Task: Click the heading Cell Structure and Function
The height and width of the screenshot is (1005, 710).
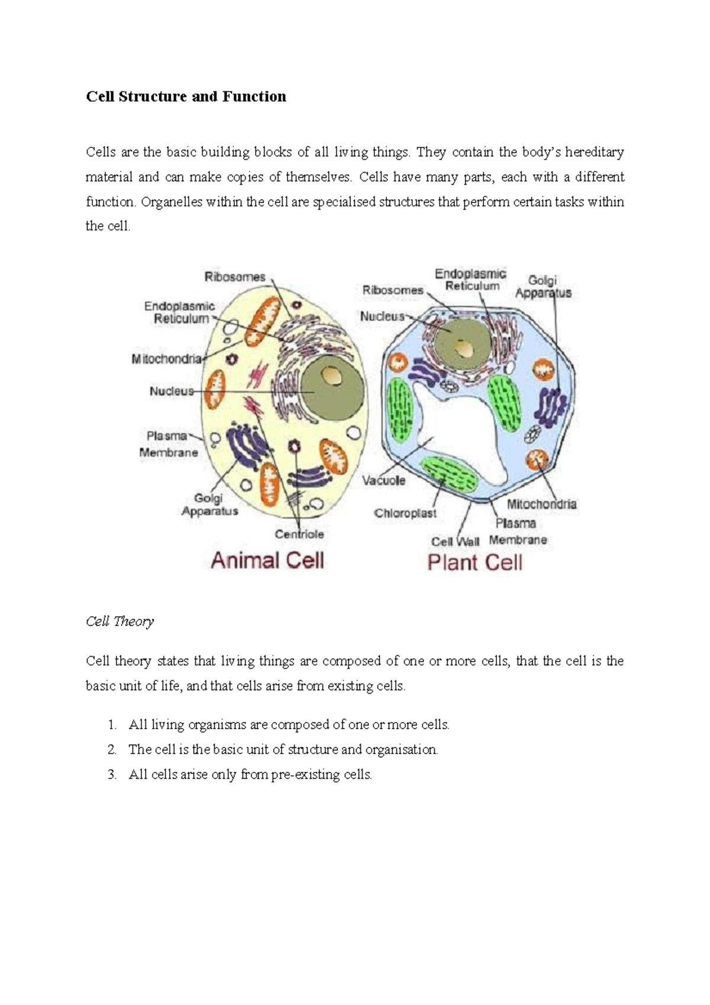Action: point(186,96)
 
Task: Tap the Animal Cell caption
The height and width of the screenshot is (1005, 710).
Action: point(267,560)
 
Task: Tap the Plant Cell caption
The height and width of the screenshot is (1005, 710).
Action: point(475,562)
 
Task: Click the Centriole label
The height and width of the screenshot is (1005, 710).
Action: point(299,534)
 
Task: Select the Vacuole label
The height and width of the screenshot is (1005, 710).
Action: point(384,480)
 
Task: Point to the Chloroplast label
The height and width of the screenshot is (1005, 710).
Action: point(405,513)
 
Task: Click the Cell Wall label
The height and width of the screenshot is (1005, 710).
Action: point(455,541)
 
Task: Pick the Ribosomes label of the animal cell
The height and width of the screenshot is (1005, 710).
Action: point(235,276)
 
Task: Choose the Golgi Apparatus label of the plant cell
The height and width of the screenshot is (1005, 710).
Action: point(543,286)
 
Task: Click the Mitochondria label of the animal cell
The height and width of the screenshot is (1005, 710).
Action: point(167,359)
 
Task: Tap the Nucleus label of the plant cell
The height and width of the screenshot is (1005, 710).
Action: point(382,317)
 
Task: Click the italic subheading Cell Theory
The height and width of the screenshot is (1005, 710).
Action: point(120,621)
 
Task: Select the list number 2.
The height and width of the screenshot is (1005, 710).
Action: point(112,749)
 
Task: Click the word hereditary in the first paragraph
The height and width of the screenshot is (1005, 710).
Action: point(594,152)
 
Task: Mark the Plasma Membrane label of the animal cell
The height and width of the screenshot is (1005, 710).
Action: point(168,444)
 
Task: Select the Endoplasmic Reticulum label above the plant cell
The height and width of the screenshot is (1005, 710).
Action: point(471,279)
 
